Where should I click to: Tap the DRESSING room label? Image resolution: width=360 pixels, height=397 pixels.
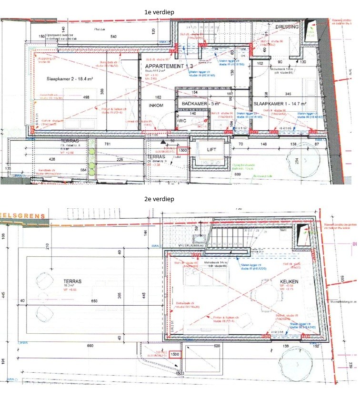287,27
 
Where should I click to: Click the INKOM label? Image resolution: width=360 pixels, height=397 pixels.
156,106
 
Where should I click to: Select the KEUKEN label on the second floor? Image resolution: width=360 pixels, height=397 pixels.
289,281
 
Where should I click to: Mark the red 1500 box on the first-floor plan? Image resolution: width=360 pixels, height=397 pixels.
182,150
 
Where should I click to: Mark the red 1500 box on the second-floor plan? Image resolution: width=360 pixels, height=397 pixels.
174,355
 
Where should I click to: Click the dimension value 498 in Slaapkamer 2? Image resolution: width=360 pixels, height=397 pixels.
86,97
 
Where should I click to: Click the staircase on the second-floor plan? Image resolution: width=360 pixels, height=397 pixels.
234,238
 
